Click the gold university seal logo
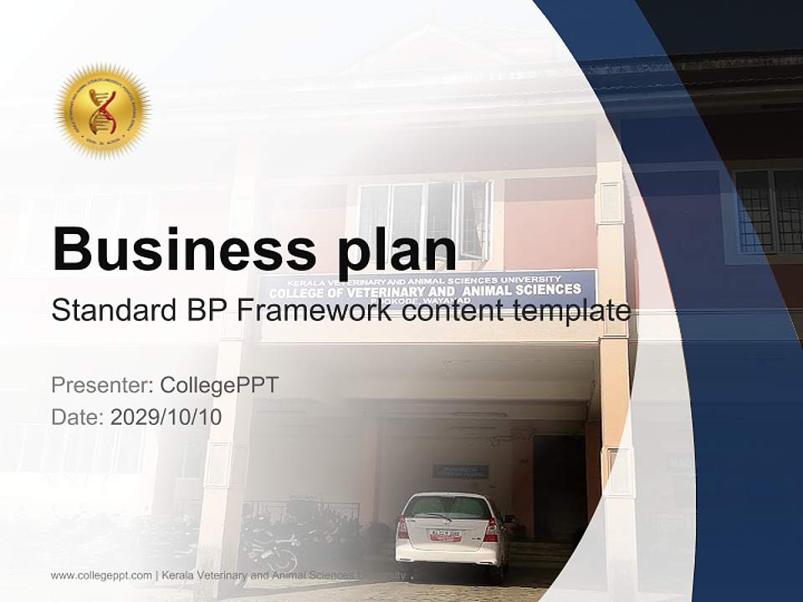(102, 110)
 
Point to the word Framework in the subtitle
(315, 311)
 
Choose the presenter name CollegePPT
(219, 385)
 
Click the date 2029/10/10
(166, 417)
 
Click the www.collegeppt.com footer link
(101, 575)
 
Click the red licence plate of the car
(444, 534)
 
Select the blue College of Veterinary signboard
(427, 288)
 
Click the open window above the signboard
(473, 219)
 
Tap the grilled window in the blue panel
(768, 211)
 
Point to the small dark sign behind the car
(460, 472)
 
